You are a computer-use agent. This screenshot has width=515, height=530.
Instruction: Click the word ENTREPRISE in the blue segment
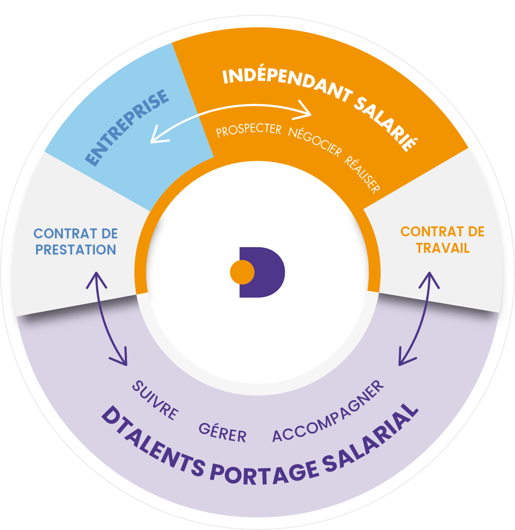point(127,127)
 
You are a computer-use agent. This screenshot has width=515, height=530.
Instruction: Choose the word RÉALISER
point(362,174)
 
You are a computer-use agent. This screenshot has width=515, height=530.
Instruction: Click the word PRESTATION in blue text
point(76,250)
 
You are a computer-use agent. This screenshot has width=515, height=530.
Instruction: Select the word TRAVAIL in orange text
point(443,248)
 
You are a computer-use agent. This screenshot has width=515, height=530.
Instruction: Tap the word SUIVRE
point(156,401)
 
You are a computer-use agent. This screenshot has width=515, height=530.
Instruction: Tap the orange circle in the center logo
point(242,272)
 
